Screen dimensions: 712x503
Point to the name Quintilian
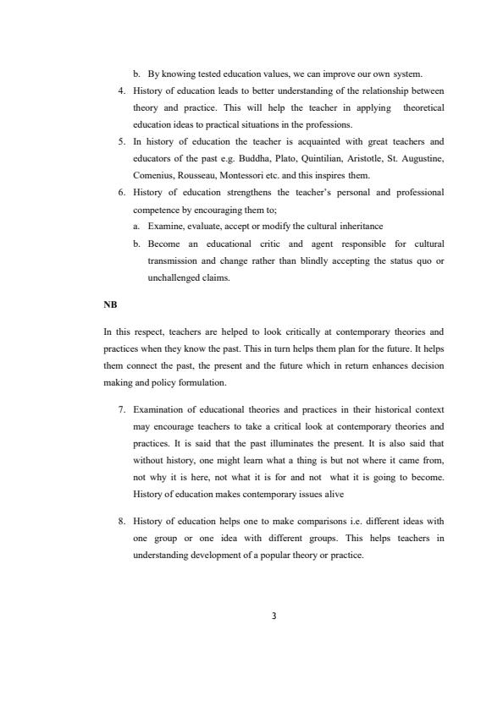[359, 158]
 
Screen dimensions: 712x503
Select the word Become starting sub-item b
[167, 244]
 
